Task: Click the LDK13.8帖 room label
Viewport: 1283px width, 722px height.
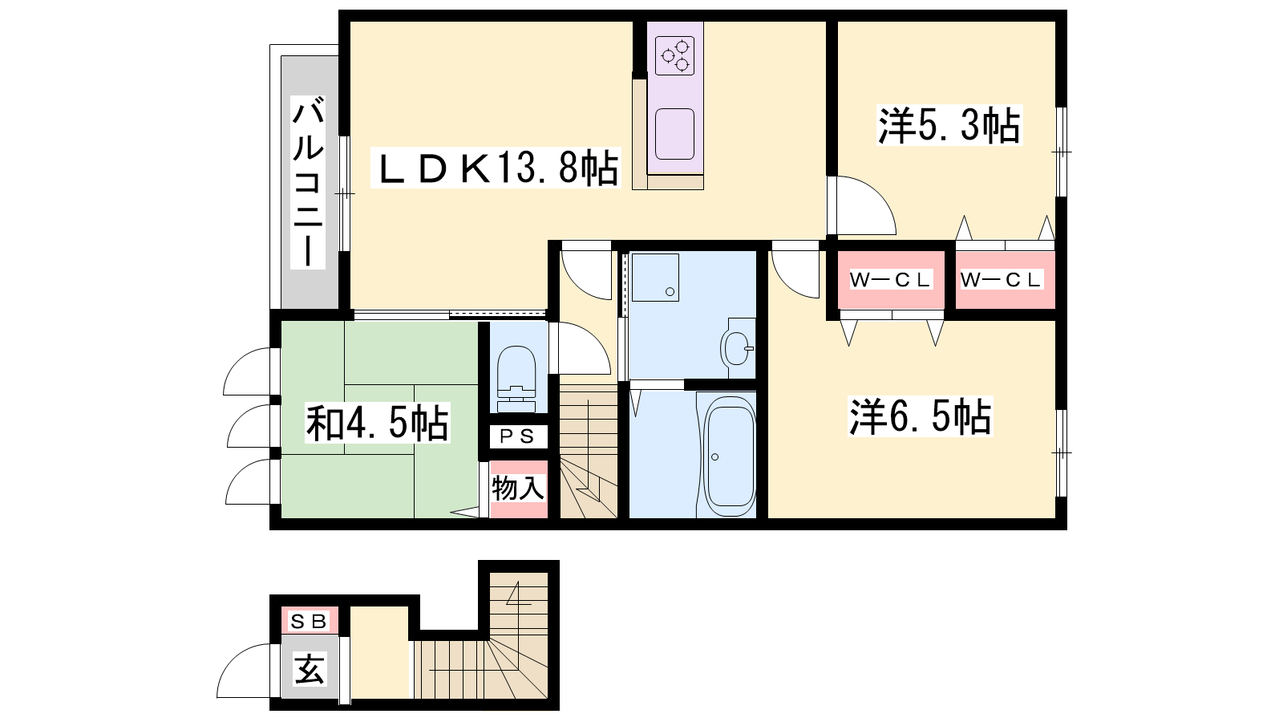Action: tap(496, 168)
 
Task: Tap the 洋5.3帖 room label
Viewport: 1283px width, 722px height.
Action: tap(949, 125)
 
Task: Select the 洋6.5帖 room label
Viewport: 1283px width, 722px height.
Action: tap(920, 416)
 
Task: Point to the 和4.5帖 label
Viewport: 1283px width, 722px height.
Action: tap(377, 424)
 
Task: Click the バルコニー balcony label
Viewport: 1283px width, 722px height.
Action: tap(308, 182)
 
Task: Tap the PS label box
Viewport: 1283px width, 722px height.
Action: tap(517, 436)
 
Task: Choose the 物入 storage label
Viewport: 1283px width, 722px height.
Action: tap(518, 489)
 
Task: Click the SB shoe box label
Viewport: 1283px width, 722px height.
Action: tap(309, 621)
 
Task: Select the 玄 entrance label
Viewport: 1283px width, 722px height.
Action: tap(310, 669)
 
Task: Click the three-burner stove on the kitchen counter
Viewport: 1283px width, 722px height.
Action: tap(674, 55)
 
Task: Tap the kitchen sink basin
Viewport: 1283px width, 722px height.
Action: tap(674, 134)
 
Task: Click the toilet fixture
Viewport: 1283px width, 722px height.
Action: tap(516, 378)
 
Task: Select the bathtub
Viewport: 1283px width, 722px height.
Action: tap(729, 456)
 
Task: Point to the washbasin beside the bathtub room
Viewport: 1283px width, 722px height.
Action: tap(738, 347)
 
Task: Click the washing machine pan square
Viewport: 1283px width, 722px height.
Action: tap(655, 278)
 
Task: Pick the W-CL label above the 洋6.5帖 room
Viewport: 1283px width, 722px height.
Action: tap(891, 280)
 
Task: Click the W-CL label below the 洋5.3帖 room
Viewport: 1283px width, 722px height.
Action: tap(1001, 280)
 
